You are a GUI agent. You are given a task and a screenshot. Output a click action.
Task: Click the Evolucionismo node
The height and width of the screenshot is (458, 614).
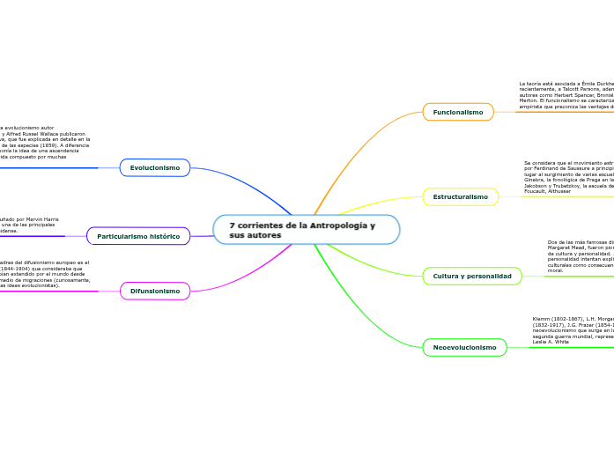pyautogui.click(x=155, y=167)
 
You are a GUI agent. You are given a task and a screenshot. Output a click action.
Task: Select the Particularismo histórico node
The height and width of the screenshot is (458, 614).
pyautogui.click(x=138, y=236)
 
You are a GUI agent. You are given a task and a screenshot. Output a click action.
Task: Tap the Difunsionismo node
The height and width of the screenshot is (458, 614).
pyautogui.click(x=155, y=291)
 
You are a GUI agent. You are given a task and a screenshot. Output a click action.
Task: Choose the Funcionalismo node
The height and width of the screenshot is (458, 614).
pyautogui.click(x=458, y=112)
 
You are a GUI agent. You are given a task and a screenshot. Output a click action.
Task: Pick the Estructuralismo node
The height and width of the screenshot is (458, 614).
pyautogui.click(x=461, y=196)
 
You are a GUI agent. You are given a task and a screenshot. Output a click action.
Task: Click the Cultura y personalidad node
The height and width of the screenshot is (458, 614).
pyautogui.click(x=472, y=277)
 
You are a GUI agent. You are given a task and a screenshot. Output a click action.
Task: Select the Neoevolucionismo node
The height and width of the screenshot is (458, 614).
pyautogui.click(x=464, y=347)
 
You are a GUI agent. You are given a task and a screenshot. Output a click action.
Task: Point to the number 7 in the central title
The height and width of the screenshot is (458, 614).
pyautogui.click(x=232, y=225)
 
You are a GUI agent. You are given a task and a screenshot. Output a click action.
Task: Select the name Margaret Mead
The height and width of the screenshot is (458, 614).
pyautogui.click(x=568, y=247)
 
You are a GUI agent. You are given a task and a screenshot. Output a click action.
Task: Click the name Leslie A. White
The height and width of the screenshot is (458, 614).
pyautogui.click(x=551, y=341)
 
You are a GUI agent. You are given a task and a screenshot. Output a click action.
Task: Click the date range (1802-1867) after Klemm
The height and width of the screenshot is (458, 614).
pyautogui.click(x=564, y=318)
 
